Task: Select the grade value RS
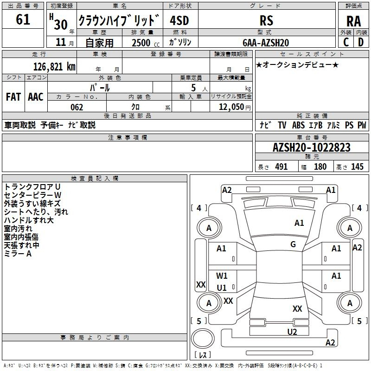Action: click(x=266, y=20)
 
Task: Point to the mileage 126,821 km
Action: click(x=54, y=66)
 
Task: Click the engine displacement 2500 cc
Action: click(x=141, y=43)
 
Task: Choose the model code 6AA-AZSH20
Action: click(x=266, y=43)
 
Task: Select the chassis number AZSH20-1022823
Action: click(x=311, y=148)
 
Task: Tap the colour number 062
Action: click(x=77, y=107)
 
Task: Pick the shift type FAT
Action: click(x=13, y=97)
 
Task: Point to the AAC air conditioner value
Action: click(x=36, y=97)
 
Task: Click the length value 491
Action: click(x=281, y=167)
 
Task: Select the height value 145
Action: click(x=357, y=167)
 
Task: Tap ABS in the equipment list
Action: click(x=298, y=125)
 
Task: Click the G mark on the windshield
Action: click(x=293, y=244)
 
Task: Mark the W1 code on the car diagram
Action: click(x=222, y=276)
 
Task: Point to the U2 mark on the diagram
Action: click(x=292, y=332)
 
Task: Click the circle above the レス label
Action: click(x=202, y=340)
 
